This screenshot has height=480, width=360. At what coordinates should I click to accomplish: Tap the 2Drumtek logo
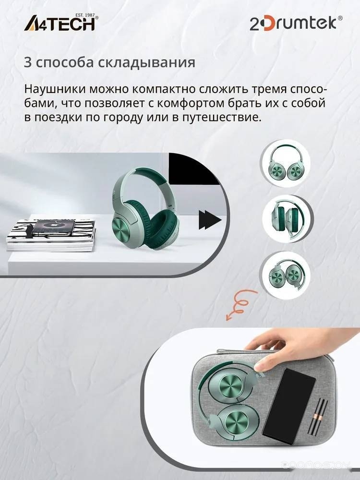[x=296, y=23]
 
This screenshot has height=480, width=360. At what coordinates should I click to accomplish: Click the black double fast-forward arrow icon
[x=210, y=220]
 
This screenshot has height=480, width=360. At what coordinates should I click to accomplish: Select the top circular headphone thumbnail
[x=285, y=163]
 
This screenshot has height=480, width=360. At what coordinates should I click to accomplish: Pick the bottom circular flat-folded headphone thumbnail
[x=285, y=275]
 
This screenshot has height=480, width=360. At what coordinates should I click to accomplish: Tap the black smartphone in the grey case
[x=289, y=406]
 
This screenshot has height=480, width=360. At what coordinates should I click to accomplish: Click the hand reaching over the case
[x=303, y=348]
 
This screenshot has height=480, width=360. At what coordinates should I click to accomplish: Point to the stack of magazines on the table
[x=51, y=235]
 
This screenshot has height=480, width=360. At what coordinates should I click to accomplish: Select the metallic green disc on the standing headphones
[x=124, y=231]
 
